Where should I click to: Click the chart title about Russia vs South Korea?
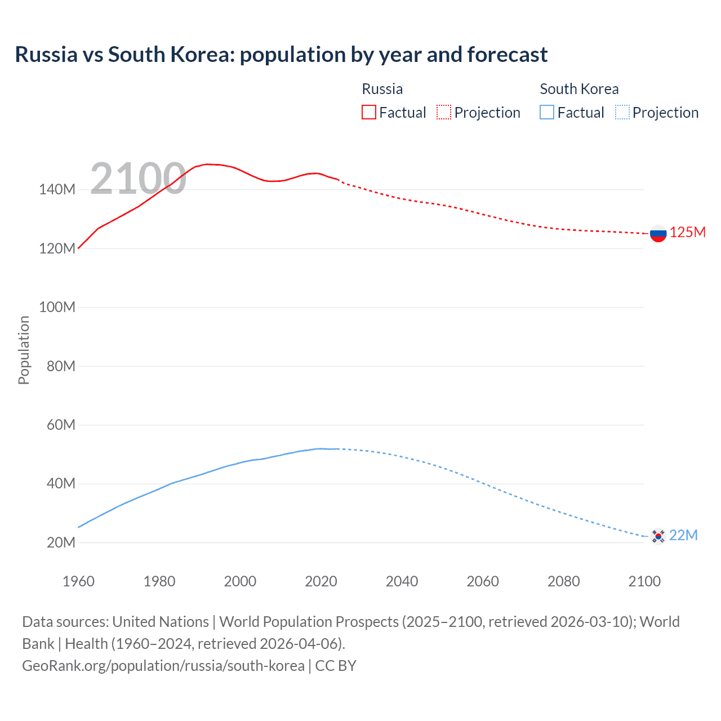coord(281,55)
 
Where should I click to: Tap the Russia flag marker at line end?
coord(658,233)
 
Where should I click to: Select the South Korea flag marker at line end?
coord(658,536)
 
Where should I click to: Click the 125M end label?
coord(687,233)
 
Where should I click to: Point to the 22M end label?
coord(683,535)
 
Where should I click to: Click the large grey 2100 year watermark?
coord(138,179)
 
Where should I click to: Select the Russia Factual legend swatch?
coord(368,113)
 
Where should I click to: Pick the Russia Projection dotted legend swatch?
coord(444,113)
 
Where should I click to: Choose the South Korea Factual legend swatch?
coord(547,113)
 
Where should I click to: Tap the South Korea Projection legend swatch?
coord(622,113)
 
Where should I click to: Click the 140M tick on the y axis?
coord(57,190)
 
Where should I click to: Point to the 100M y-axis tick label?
coord(57,308)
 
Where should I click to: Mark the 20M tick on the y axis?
coord(61,543)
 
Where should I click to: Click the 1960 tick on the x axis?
coord(78,581)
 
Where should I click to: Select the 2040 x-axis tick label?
coord(402,581)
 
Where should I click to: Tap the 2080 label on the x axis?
coord(563,581)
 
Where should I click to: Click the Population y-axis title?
coord(24,350)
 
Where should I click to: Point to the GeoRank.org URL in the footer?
coord(163,666)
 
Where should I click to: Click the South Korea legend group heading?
coord(579,89)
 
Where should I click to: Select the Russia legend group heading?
coord(382,89)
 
